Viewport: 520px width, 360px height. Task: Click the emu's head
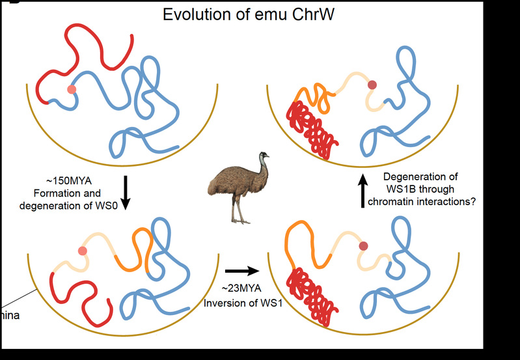262,157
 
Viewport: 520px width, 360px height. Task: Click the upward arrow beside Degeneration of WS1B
364,194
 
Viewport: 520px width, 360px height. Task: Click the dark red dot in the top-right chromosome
372,85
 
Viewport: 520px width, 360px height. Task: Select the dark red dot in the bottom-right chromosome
363,245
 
